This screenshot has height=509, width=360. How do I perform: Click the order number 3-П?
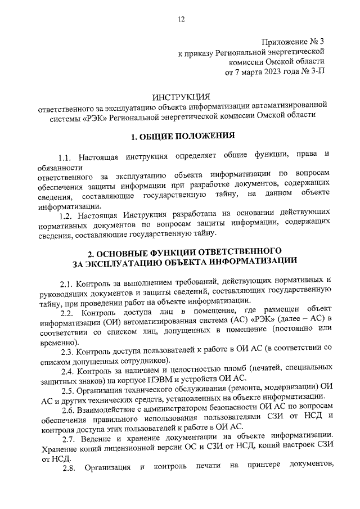click(x=316, y=72)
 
